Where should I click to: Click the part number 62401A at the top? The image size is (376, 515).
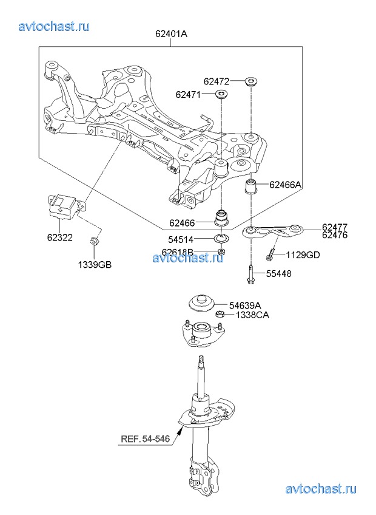[171, 33]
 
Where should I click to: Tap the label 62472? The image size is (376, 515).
[217, 81]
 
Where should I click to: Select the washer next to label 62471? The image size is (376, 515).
[221, 95]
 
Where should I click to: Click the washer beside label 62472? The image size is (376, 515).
[251, 81]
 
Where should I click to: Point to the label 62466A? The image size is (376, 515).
[285, 185]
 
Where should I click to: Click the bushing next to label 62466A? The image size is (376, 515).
[251, 186]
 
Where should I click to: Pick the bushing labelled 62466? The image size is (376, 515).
[221, 217]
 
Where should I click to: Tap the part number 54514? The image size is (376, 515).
[181, 239]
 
